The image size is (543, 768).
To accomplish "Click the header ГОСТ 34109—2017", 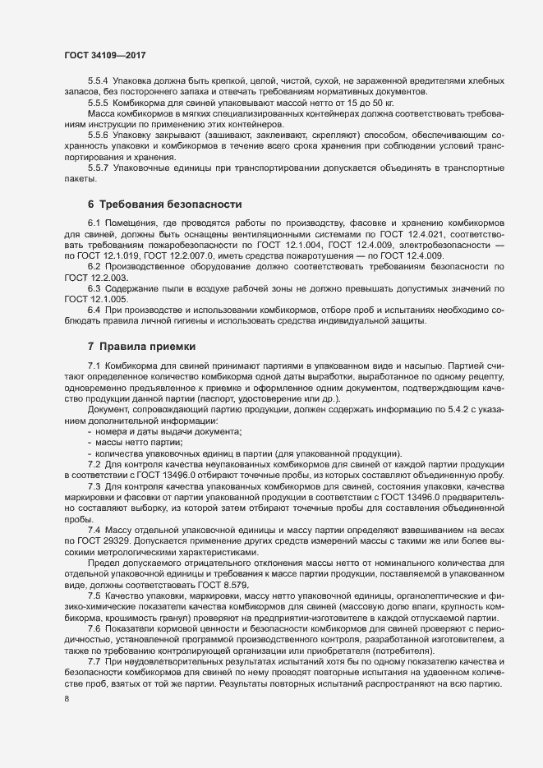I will (x=106, y=54).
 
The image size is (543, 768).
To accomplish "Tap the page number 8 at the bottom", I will (x=67, y=698).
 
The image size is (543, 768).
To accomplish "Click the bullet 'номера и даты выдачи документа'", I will (x=174, y=431).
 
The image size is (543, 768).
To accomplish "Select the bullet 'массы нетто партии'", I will (x=140, y=443).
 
